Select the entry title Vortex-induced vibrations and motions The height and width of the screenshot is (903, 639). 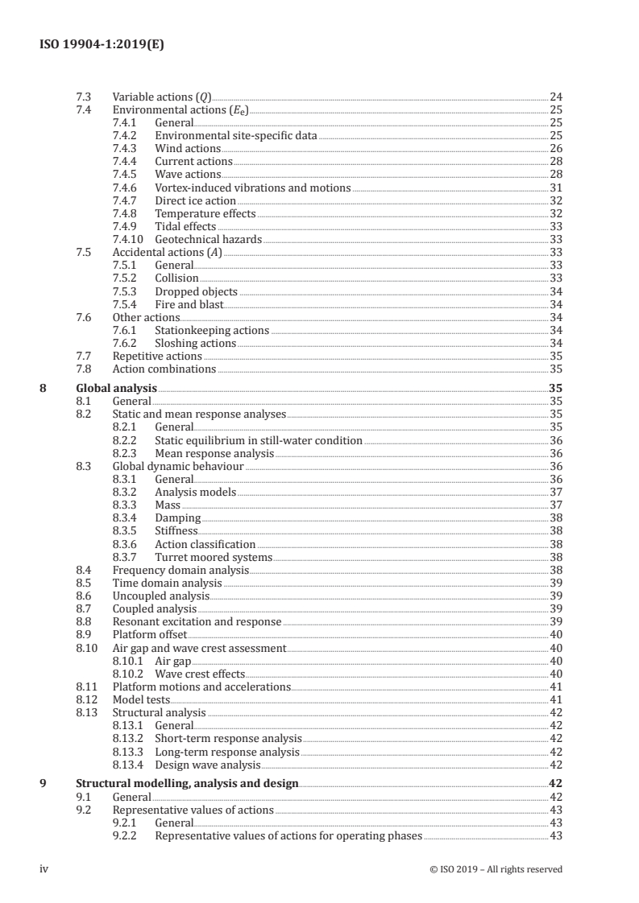252,188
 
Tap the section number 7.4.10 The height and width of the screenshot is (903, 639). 129,239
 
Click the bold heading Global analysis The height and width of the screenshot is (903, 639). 116,388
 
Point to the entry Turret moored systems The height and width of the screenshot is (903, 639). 214,557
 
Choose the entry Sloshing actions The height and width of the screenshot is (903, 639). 195,343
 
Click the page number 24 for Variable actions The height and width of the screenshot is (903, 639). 555,97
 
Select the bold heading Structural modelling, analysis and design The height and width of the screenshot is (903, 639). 187,783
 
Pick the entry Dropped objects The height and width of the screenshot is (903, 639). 196,291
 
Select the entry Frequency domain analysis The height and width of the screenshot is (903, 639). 180,570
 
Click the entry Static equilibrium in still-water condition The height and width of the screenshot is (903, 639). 258,440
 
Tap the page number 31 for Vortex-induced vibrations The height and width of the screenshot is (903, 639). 555,188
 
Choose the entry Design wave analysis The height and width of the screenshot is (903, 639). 207,765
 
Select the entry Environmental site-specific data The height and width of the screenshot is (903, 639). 235,135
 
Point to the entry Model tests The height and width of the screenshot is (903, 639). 141,699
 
